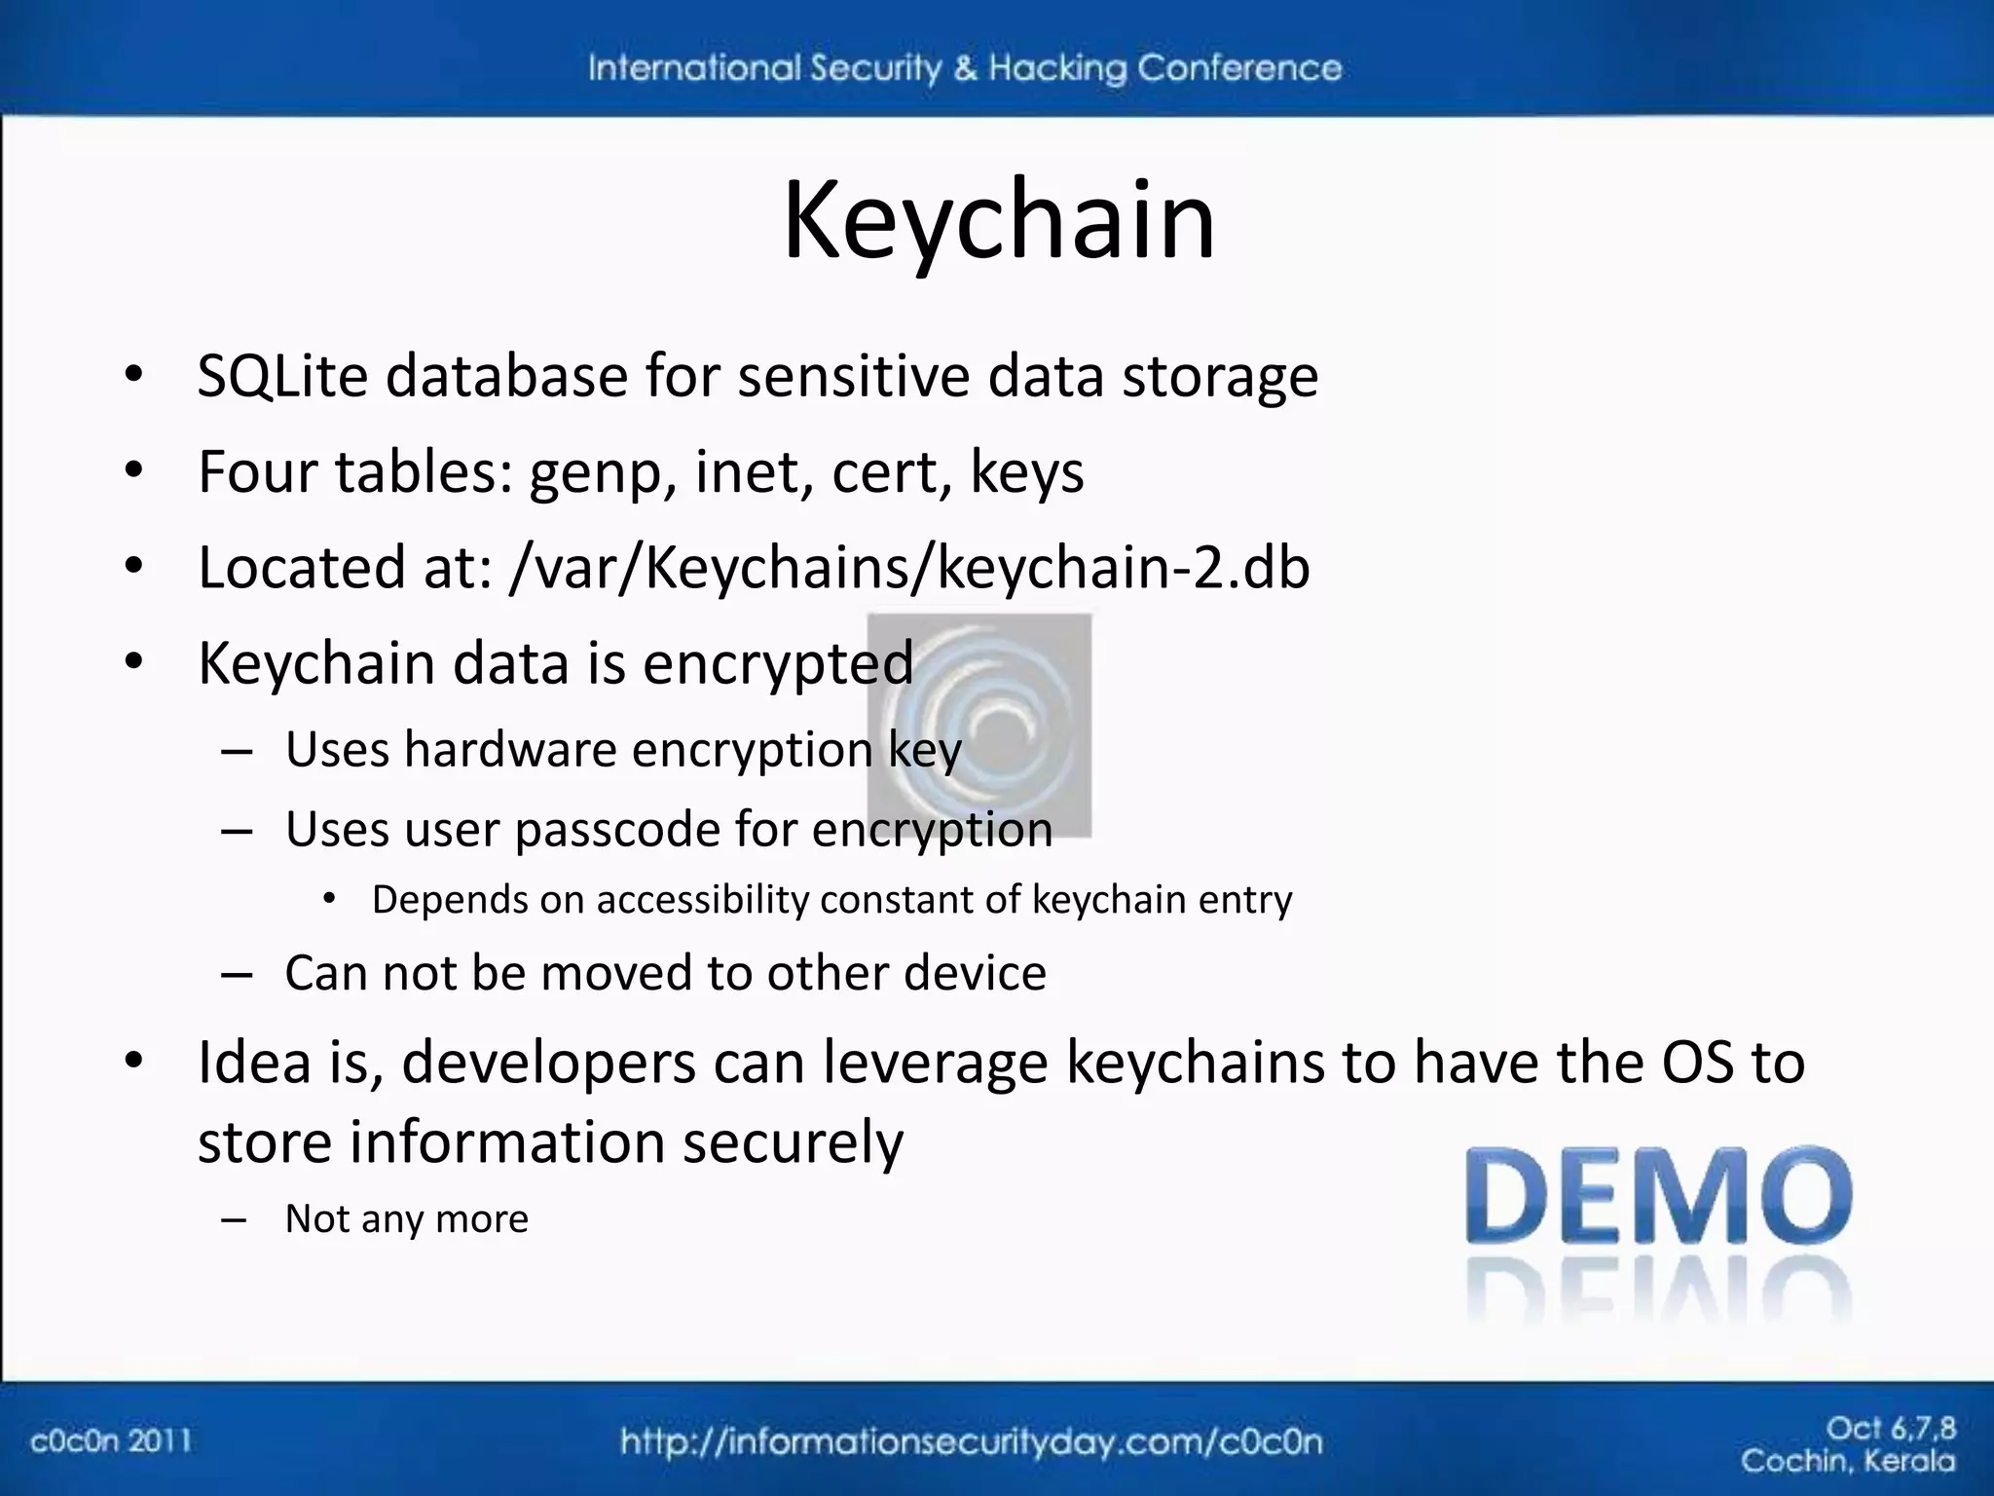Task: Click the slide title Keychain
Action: (999, 222)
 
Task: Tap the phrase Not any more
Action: (406, 1219)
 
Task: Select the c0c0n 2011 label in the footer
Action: (110, 1440)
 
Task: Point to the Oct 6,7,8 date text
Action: (1890, 1428)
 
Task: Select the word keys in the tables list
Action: (1027, 473)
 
